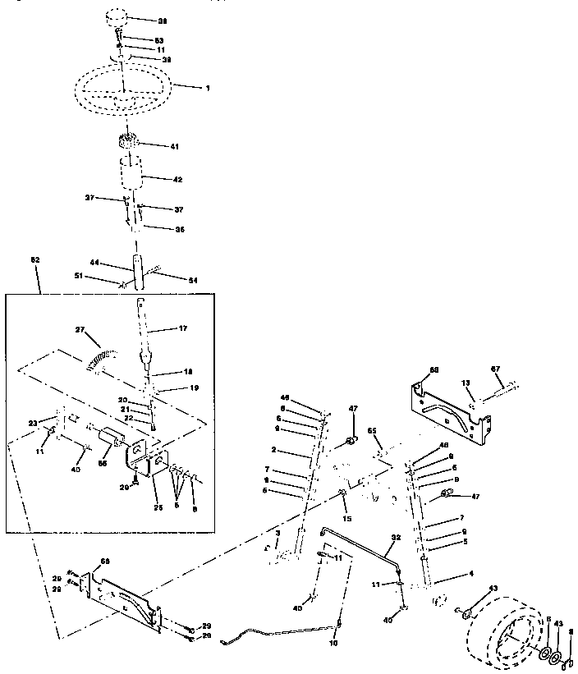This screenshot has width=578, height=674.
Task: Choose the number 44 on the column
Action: click(x=94, y=263)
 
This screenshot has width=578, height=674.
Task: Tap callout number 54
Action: click(x=193, y=281)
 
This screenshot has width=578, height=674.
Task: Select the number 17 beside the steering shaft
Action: click(x=181, y=328)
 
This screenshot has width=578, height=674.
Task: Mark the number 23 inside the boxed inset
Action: click(x=32, y=423)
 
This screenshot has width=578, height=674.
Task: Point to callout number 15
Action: click(x=347, y=519)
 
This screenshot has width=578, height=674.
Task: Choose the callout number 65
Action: click(x=371, y=430)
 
